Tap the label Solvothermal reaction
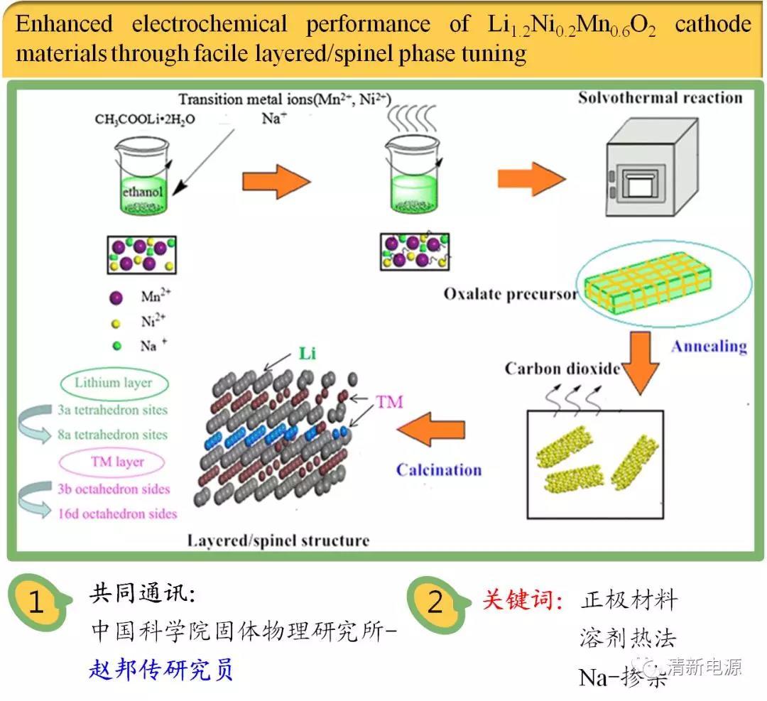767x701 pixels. tap(660, 97)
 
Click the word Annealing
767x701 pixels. tap(709, 347)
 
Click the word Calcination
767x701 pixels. tap(438, 469)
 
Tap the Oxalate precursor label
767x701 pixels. tap(511, 293)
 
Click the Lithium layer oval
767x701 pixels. tap(113, 383)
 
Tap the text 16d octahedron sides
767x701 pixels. tap(117, 513)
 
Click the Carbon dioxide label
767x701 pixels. tap(562, 369)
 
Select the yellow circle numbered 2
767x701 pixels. tap(435, 603)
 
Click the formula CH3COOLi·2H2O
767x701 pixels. tap(145, 119)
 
